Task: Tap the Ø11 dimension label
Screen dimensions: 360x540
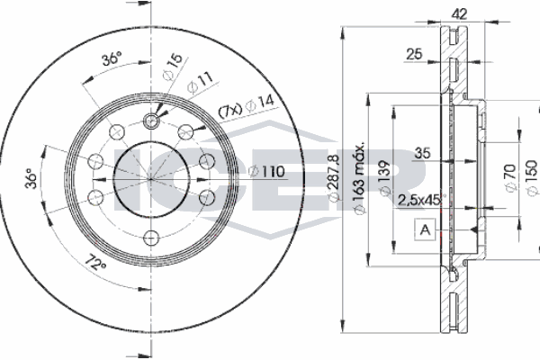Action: click(199, 85)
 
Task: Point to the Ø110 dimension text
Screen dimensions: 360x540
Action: click(266, 172)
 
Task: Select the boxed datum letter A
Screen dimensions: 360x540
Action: click(423, 230)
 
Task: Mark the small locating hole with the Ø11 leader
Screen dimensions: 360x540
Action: click(151, 120)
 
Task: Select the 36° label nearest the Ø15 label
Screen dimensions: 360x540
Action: click(112, 60)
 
